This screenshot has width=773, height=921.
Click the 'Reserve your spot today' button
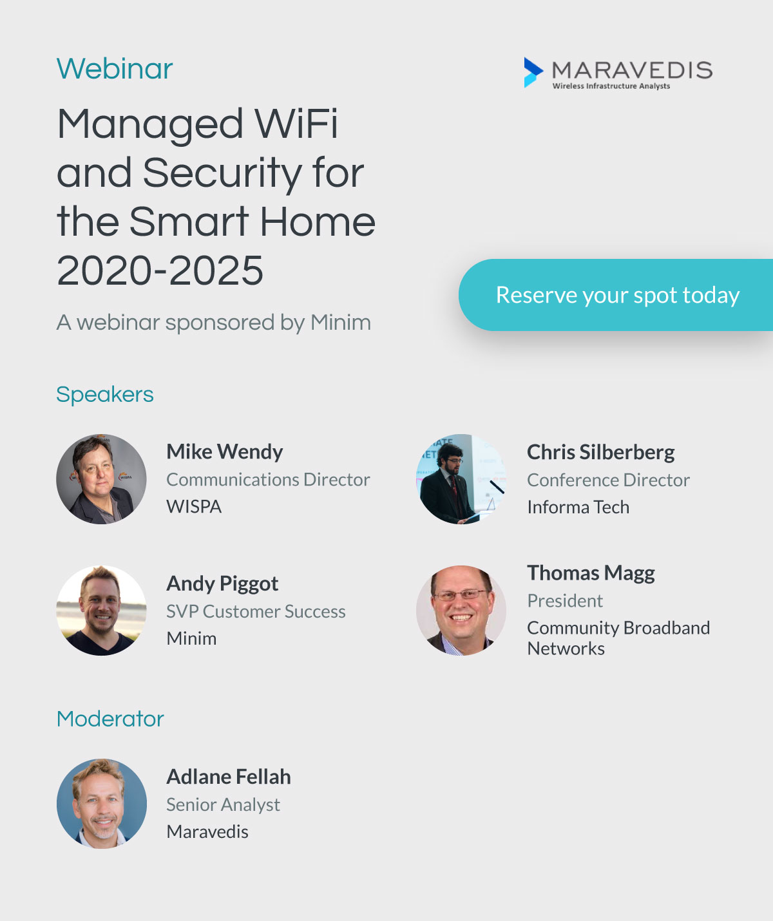point(616,295)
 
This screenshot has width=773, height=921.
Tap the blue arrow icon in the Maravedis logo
point(533,72)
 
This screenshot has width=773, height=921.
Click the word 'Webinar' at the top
point(115,69)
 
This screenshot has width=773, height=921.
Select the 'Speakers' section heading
point(105,395)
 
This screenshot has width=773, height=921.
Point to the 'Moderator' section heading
point(110,719)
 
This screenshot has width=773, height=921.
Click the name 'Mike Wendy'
point(225,451)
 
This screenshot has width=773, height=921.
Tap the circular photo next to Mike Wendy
point(102,479)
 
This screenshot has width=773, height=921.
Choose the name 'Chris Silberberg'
point(600,453)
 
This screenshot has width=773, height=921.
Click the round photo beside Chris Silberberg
point(461,479)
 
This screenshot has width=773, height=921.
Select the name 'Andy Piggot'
point(222,584)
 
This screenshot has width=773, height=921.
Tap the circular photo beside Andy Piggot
point(102,611)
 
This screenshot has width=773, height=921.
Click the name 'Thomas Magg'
point(591,573)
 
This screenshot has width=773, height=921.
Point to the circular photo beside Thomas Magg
point(461,611)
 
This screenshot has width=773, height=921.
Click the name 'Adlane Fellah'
point(229,777)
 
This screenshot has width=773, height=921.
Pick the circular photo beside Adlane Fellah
point(102,804)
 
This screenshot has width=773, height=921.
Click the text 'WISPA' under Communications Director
point(194,507)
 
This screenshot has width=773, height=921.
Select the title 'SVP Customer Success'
point(256,612)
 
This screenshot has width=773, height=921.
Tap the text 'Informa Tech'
point(578,508)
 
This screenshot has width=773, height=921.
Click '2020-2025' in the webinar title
point(160,271)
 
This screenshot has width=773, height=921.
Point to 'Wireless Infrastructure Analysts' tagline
point(611,86)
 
